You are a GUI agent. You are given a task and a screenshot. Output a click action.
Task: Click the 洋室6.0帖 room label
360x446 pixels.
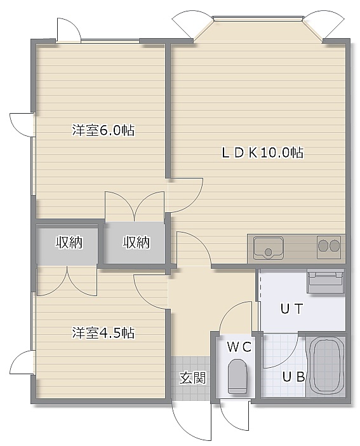point(103,130)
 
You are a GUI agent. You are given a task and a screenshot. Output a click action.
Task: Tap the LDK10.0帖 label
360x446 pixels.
point(262,152)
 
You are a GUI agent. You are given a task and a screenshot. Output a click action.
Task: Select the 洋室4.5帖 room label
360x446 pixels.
point(103,332)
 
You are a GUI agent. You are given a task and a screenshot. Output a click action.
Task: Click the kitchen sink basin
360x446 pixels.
point(269,248)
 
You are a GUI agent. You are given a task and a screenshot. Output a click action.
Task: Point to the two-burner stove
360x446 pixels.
point(329,247)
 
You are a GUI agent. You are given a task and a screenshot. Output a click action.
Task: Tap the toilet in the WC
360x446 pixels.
point(237,376)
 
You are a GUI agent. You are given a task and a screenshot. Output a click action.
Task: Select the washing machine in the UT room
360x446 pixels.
point(326,281)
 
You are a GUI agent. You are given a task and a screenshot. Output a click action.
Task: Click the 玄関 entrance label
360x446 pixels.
point(192,378)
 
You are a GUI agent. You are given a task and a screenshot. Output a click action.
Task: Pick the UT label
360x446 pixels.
point(292,309)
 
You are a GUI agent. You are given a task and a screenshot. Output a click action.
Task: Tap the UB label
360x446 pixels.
point(293,377)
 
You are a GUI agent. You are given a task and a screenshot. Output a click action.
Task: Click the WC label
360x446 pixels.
point(239,347)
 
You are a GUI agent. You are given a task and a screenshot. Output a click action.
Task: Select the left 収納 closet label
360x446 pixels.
point(69,242)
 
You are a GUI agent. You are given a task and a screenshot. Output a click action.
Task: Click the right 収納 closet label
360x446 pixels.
point(137,242)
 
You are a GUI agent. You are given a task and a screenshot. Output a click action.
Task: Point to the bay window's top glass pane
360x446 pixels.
point(258,18)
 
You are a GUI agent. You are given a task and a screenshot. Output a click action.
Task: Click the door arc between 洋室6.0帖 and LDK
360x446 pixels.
point(196,202)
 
